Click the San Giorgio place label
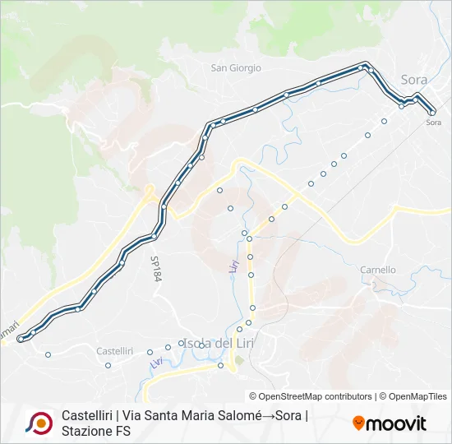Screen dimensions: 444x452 (236, 68)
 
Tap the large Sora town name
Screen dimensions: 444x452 (414, 80)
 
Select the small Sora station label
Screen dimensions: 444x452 (434, 123)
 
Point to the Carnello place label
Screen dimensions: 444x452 (378, 270)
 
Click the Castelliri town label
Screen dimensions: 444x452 (114, 351)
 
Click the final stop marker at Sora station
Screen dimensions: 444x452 (432, 112)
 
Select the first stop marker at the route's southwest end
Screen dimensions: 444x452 (21, 338)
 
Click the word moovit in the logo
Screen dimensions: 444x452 (397, 423)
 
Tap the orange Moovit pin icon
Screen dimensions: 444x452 (358, 423)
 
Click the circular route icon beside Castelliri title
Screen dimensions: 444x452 (38, 423)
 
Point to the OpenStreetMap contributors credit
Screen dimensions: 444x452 (311, 396)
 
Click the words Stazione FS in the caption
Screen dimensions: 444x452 (96, 431)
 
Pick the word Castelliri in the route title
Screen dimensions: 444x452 (86, 415)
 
